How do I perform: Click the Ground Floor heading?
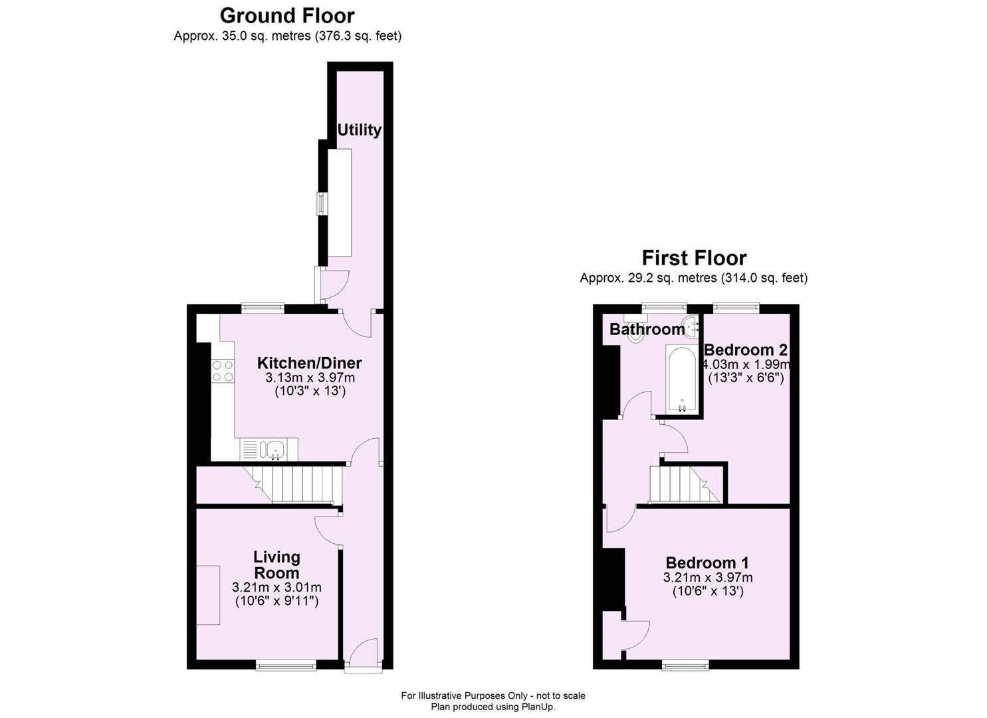click(287, 15)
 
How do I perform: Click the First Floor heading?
click(694, 257)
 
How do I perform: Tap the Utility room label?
click(359, 130)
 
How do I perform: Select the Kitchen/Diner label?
click(309, 363)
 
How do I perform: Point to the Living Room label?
click(276, 565)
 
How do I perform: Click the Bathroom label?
click(647, 329)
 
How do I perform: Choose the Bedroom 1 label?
click(707, 562)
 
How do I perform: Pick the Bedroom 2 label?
click(746, 350)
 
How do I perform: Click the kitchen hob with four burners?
click(223, 371)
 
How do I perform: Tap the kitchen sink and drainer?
click(269, 450)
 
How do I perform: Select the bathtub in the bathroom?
click(682, 379)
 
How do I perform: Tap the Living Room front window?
click(276, 665)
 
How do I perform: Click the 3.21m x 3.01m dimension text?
click(276, 588)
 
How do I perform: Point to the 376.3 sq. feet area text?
click(358, 36)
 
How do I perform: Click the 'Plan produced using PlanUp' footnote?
click(493, 707)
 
